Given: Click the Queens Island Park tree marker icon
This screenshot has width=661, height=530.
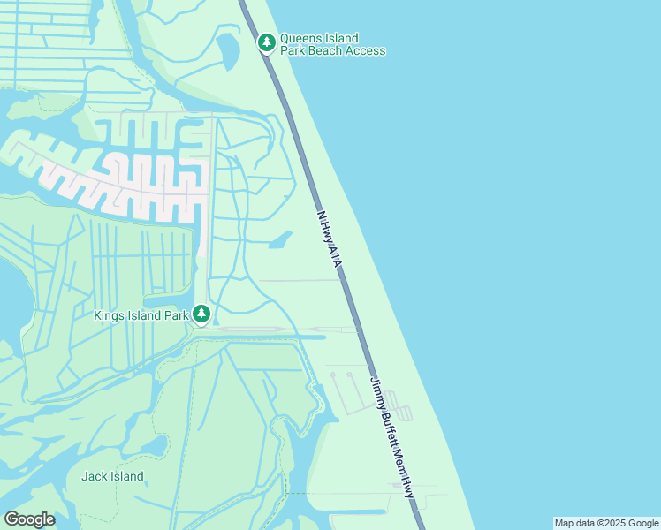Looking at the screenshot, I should (x=267, y=42).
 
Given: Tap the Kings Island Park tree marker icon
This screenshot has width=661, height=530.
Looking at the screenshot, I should (x=201, y=314).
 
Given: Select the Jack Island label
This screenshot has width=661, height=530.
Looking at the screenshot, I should (x=112, y=476).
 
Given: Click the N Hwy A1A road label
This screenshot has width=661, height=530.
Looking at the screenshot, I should (x=328, y=236).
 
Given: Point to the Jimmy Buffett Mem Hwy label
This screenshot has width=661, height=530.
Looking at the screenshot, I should (x=391, y=437).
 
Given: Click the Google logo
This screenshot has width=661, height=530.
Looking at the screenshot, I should (x=29, y=519).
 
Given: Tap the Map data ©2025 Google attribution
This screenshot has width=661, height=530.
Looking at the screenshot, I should (x=607, y=523).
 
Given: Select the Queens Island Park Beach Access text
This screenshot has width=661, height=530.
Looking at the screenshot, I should (x=332, y=44).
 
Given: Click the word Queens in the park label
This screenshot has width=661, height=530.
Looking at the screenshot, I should (x=300, y=38).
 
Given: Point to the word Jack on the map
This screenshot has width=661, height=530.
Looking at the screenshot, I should (x=94, y=476).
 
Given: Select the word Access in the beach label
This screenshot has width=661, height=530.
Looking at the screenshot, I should (x=366, y=50).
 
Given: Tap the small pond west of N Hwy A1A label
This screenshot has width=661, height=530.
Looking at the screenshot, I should (x=280, y=239).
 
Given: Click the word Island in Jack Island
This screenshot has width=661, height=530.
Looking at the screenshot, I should (x=125, y=476).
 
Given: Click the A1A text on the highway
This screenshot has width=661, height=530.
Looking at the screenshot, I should (x=334, y=255).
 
